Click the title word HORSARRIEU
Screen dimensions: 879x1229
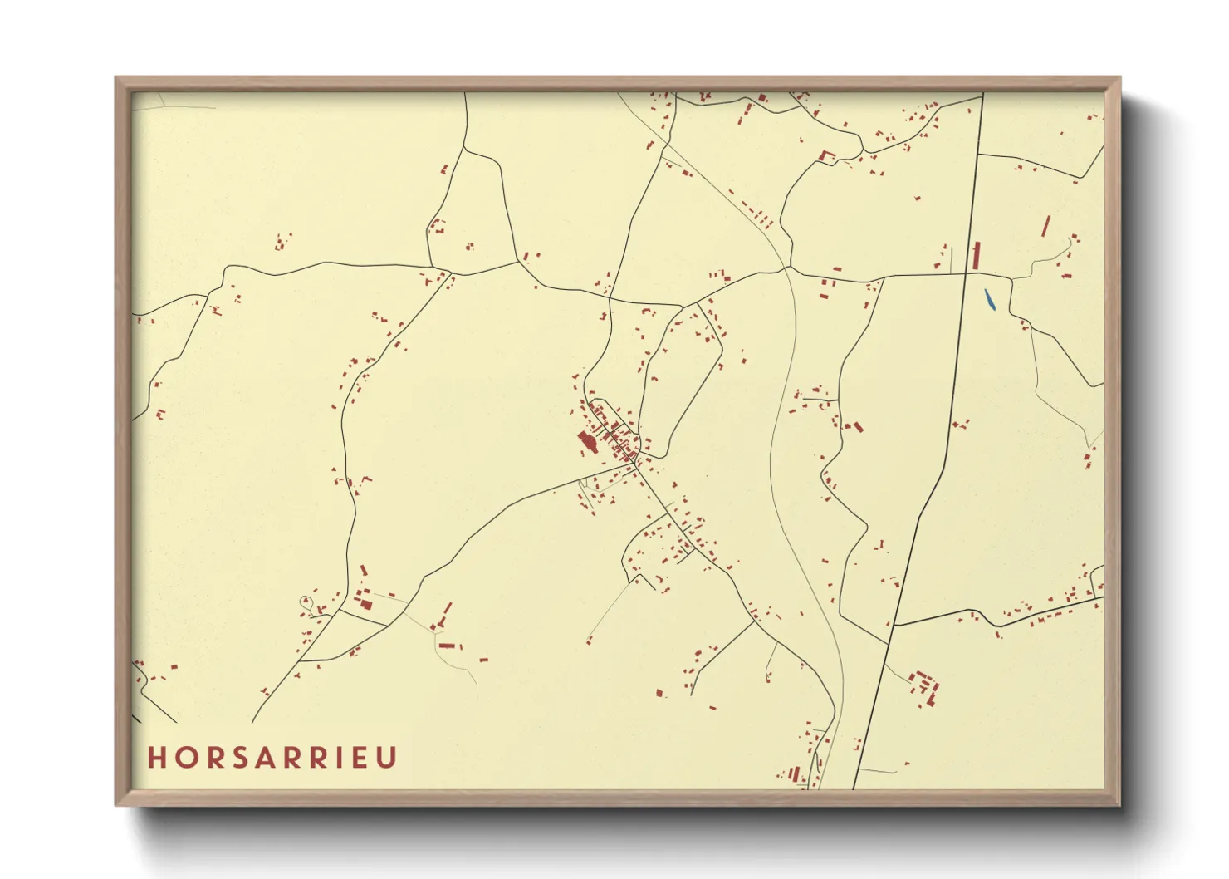click(x=272, y=758)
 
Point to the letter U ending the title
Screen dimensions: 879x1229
click(x=387, y=758)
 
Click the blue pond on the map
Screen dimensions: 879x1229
click(x=989, y=299)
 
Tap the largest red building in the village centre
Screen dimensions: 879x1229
click(x=587, y=441)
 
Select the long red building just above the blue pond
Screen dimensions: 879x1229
click(x=977, y=255)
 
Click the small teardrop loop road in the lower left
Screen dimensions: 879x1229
click(x=306, y=601)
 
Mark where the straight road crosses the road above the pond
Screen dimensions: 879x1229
click(x=969, y=273)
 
